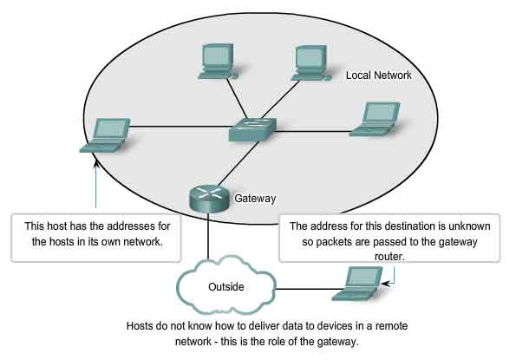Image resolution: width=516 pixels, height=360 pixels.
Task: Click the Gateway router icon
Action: click(209, 199)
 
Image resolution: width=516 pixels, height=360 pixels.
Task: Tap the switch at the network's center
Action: click(252, 129)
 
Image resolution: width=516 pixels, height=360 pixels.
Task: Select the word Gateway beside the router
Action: click(255, 199)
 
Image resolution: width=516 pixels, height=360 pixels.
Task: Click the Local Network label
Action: click(378, 75)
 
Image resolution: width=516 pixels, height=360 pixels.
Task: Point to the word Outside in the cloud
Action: click(226, 286)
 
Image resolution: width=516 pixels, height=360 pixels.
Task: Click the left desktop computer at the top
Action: click(218, 62)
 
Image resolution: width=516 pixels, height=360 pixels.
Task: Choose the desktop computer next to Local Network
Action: click(311, 63)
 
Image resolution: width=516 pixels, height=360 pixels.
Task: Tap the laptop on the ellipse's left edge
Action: click(105, 135)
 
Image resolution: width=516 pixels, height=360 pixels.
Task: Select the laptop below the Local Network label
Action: click(375, 119)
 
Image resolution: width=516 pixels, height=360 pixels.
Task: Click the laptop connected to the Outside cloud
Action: click(357, 284)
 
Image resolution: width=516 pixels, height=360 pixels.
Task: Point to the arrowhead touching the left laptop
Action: click(95, 164)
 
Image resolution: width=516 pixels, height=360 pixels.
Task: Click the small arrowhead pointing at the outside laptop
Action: click(385, 283)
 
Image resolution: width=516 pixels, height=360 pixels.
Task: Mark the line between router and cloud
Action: click(208, 236)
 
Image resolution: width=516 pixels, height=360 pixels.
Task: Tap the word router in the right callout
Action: click(389, 257)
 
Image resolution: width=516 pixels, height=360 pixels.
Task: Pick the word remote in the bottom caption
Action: click(392, 326)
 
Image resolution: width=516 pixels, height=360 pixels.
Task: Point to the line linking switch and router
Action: click(238, 164)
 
